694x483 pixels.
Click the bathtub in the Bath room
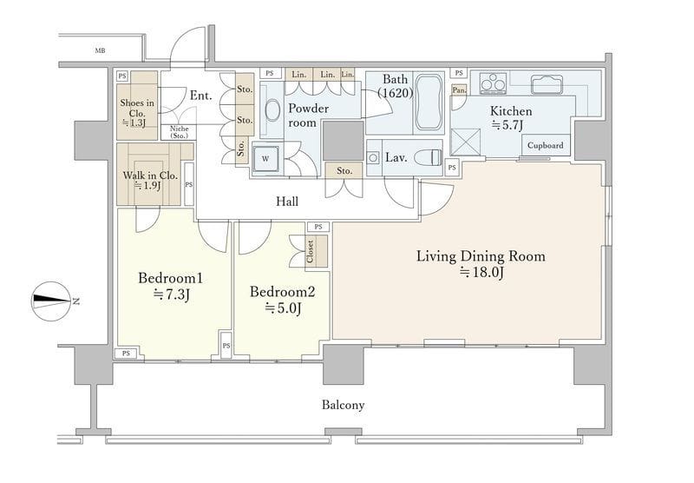pyautogui.click(x=429, y=103)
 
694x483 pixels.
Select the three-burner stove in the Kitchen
pyautogui.click(x=493, y=83)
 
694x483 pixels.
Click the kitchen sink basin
pyautogui.click(x=547, y=83)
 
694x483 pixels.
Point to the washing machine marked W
pyautogui.click(x=265, y=158)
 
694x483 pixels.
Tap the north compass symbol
pyautogui.click(x=52, y=301)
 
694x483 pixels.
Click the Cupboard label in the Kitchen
pyautogui.click(x=546, y=145)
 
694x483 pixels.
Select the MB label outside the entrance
pyautogui.click(x=100, y=51)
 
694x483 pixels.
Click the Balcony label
pyautogui.click(x=343, y=405)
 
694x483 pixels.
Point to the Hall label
pyautogui.click(x=287, y=202)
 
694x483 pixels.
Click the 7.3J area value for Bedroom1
pyautogui.click(x=171, y=294)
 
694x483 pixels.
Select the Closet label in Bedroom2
pyautogui.click(x=311, y=251)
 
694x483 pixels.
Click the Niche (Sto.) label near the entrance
pyautogui.click(x=180, y=132)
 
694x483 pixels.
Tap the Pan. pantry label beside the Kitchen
pyautogui.click(x=459, y=90)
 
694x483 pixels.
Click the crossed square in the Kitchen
pyautogui.click(x=465, y=142)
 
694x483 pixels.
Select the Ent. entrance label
pyautogui.click(x=201, y=96)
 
